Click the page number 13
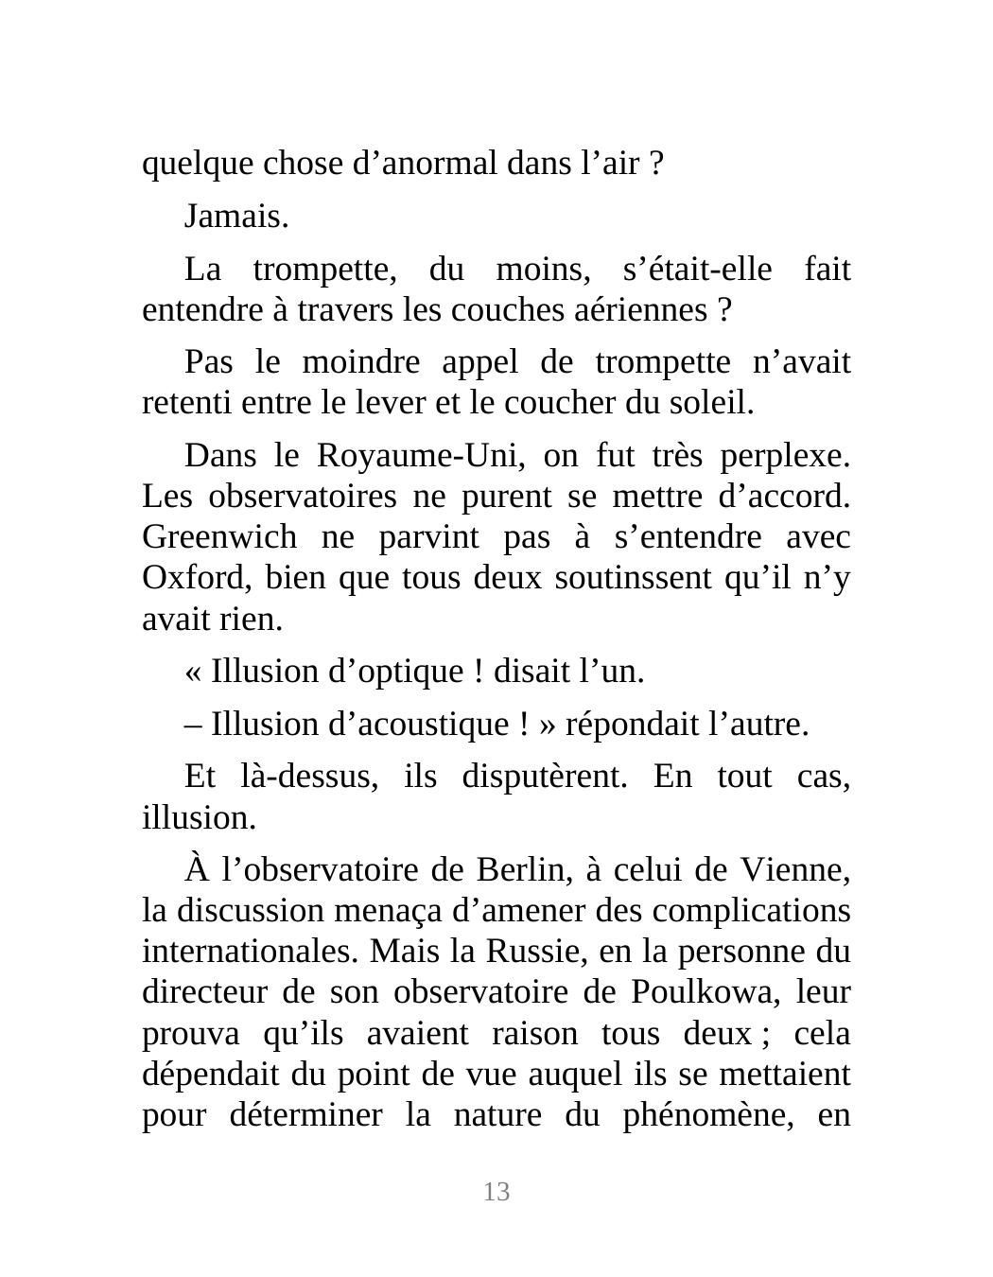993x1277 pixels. [x=496, y=1192]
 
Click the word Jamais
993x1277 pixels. [x=235, y=217]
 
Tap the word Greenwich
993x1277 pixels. [x=219, y=537]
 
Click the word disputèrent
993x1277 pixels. [x=544, y=777]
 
